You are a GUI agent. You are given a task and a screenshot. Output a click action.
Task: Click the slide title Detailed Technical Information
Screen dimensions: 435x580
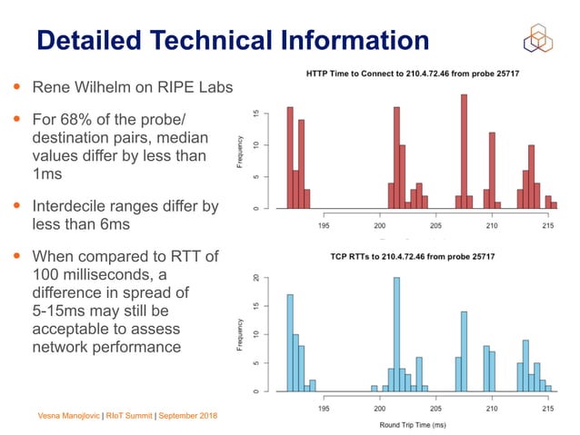(232, 40)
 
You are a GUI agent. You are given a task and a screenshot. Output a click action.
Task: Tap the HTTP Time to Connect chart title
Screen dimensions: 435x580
(405, 73)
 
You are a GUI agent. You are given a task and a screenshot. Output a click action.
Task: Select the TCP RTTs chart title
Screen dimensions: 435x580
(405, 257)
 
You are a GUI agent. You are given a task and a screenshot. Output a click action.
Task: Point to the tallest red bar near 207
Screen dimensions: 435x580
(464, 151)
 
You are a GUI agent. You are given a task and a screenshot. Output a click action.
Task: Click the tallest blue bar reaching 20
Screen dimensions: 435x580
(396, 334)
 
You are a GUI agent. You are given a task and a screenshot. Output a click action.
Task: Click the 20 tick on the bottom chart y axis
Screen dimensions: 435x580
(258, 278)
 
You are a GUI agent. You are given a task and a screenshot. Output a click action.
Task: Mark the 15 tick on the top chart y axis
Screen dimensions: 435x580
(258, 114)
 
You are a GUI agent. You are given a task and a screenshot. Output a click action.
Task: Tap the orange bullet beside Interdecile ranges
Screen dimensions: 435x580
(16, 206)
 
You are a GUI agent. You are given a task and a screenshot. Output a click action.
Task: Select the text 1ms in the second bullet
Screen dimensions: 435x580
(47, 173)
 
